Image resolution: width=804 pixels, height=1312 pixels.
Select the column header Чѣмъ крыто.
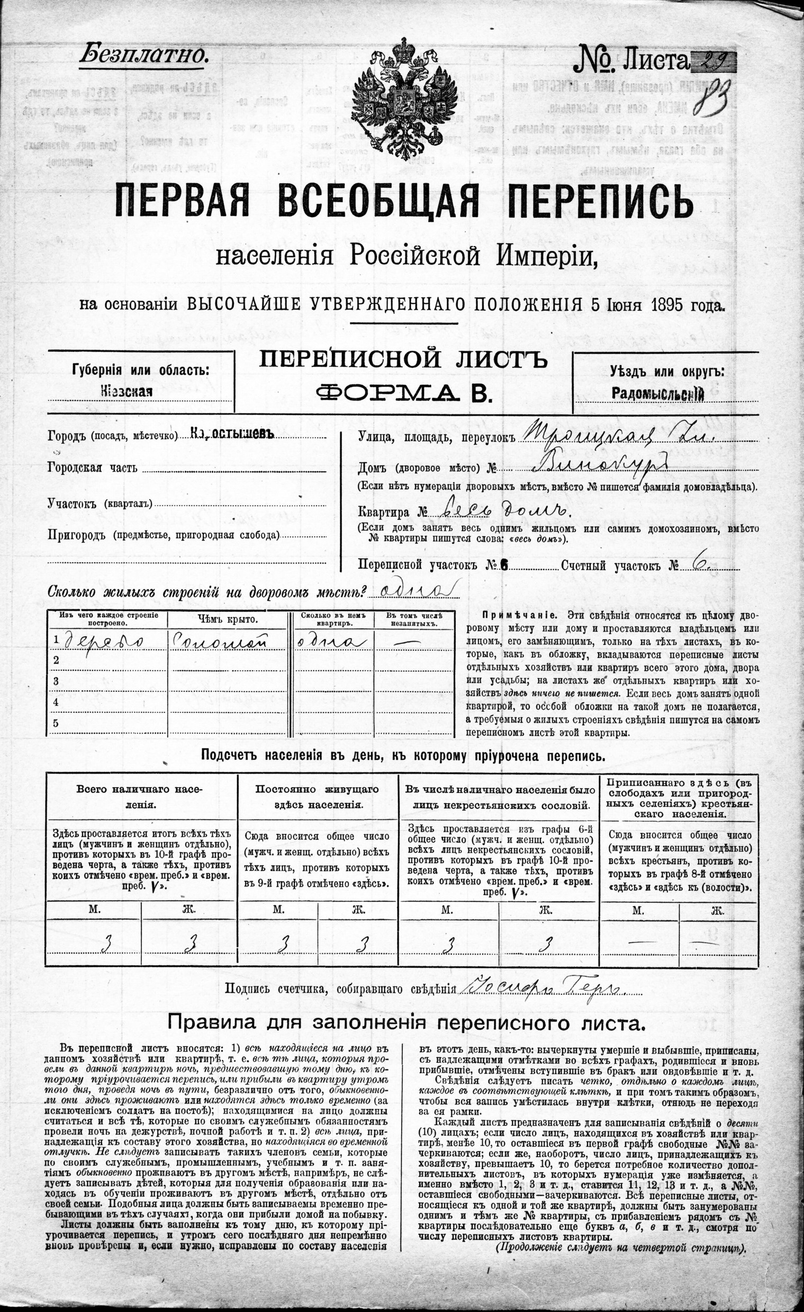click(x=228, y=619)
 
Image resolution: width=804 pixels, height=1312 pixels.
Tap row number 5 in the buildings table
click(x=56, y=723)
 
